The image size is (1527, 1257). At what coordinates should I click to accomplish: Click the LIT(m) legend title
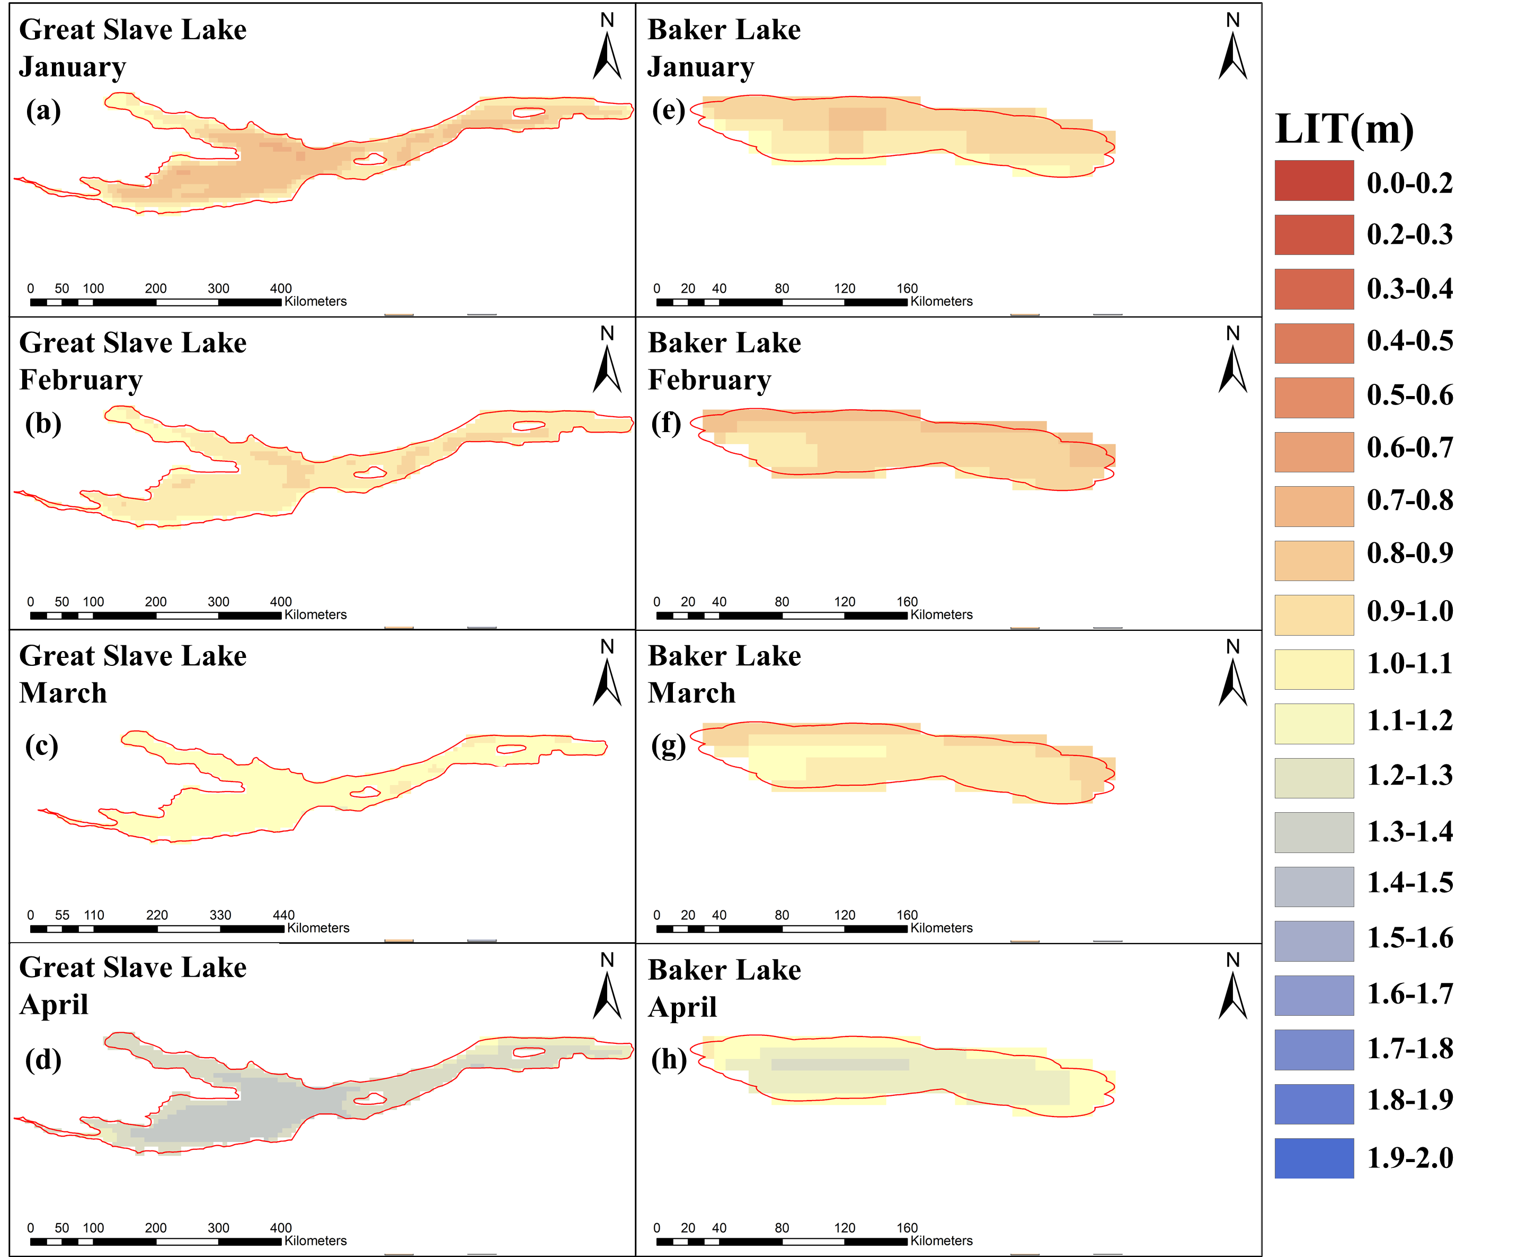click(1344, 129)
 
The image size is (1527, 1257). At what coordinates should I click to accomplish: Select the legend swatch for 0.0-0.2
click(1313, 180)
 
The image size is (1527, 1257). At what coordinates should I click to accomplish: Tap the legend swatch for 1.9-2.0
click(1313, 1158)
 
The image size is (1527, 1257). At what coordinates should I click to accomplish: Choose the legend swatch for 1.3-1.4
click(1313, 832)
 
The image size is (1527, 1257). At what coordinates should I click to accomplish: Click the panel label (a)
click(43, 111)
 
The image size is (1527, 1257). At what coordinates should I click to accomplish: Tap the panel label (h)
click(669, 1059)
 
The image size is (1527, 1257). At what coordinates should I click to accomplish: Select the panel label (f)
click(667, 424)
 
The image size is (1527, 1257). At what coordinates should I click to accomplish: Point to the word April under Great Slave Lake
click(54, 1005)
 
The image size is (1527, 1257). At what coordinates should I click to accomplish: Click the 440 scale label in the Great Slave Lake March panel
click(283, 915)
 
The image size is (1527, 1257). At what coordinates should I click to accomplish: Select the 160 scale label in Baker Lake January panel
click(907, 288)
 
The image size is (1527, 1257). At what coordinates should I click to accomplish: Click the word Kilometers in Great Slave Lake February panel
click(316, 615)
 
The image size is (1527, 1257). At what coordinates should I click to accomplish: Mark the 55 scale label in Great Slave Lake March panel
click(62, 915)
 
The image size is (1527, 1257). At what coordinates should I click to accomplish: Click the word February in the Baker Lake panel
click(709, 380)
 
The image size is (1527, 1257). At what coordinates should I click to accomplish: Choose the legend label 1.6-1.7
click(1409, 994)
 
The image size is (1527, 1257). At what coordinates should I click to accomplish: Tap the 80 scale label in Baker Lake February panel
click(782, 602)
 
